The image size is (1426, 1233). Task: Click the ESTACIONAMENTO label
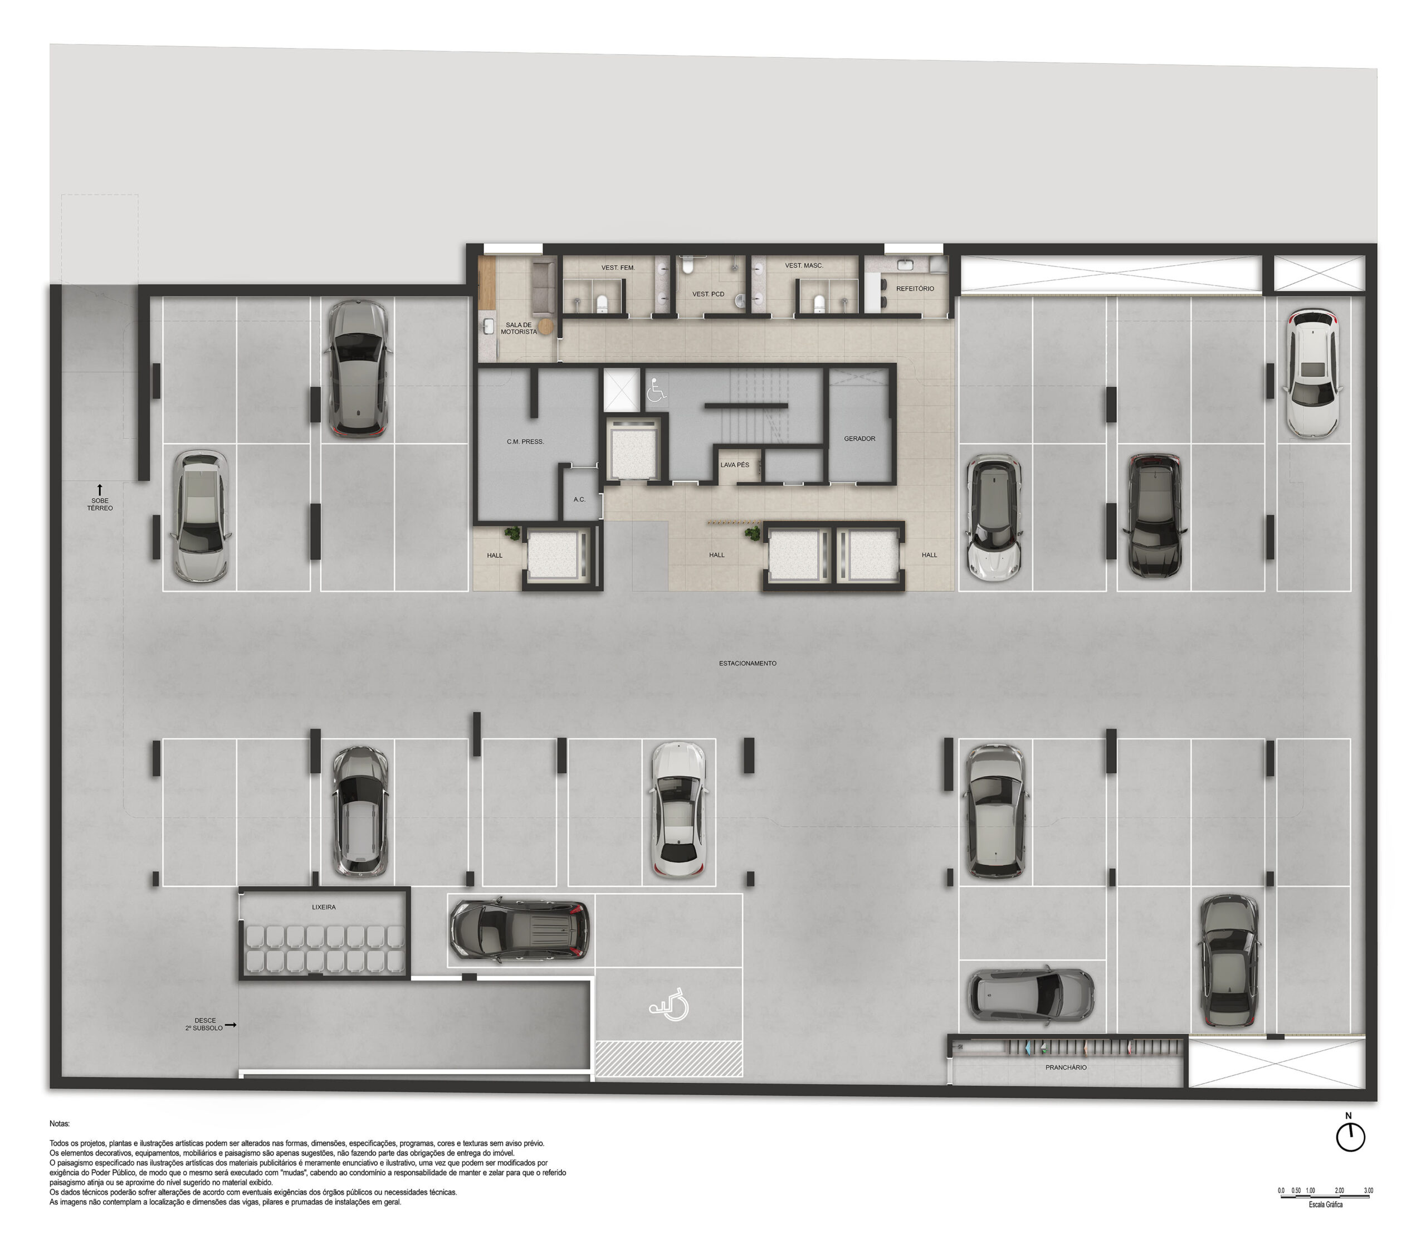[748, 663]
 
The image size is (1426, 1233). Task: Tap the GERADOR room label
[859, 438]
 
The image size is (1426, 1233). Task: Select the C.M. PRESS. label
[525, 441]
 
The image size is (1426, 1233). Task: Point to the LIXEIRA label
[324, 908]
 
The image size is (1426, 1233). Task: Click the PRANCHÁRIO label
[1066, 1067]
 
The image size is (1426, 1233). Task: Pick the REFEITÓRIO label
[915, 289]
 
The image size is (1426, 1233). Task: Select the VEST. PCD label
[708, 294]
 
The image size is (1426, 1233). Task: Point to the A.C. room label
[579, 499]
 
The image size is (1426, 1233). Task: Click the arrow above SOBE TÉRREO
[100, 490]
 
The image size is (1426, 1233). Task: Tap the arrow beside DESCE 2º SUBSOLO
[231, 1025]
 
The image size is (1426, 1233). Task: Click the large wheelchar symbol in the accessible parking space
[669, 1005]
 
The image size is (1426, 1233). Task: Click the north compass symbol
[1350, 1137]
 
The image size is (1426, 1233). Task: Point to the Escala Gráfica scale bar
[1325, 1198]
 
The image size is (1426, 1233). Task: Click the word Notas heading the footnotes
[59, 1124]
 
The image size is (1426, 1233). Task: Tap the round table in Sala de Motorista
[546, 326]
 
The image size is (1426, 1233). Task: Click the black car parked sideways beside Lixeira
[520, 931]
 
